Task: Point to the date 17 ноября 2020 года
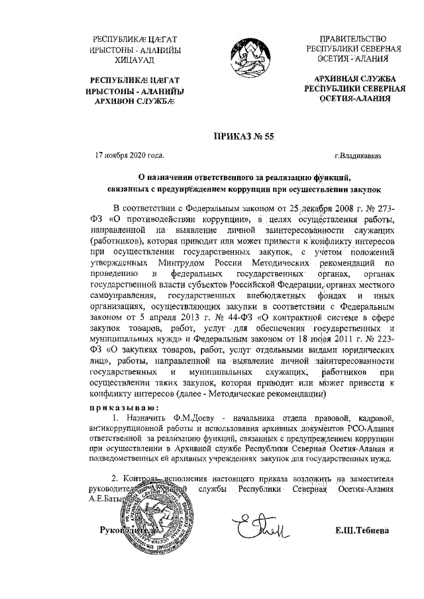tap(130, 156)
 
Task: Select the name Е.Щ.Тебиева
tap(362, 531)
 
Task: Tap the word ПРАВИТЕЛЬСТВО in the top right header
tap(351, 38)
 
